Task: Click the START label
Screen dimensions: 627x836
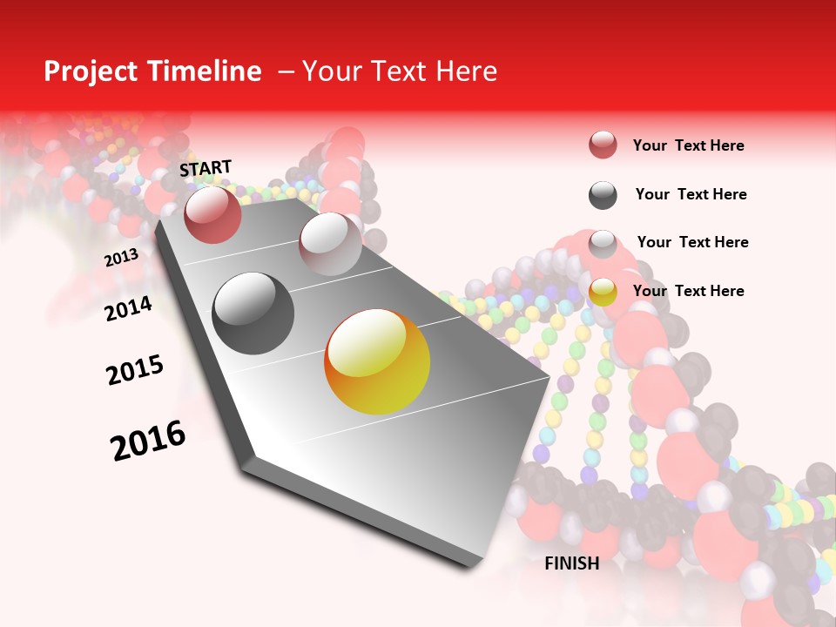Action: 206,168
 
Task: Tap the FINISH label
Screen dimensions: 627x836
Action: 571,563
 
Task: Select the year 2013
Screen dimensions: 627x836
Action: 121,258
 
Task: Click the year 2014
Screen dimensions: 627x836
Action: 128,309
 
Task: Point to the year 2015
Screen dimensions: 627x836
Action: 135,370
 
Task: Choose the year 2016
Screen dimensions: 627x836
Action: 148,441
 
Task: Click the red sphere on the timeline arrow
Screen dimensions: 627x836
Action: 212,214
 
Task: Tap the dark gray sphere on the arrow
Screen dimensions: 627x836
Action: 253,313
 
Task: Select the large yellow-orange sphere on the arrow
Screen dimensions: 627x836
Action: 377,361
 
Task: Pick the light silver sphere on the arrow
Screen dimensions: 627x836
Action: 330,244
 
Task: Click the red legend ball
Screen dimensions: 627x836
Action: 603,145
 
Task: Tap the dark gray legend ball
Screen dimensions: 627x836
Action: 603,195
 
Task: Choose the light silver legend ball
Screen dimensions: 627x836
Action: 603,244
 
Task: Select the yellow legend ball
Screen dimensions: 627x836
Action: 603,293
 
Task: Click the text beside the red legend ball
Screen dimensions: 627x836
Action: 688,145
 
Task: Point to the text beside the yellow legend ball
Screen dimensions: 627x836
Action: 688,291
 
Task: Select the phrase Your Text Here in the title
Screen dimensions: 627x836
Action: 399,71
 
